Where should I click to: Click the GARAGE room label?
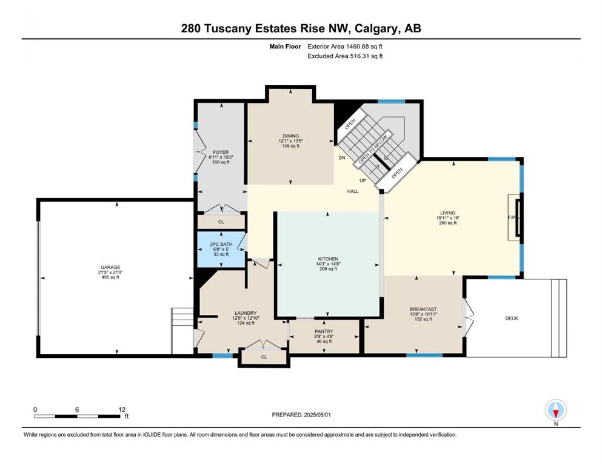click(x=110, y=267)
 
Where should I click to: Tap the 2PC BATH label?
click(x=221, y=244)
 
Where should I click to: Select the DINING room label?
click(x=290, y=136)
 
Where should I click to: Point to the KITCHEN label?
click(x=328, y=259)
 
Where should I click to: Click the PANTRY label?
click(x=324, y=331)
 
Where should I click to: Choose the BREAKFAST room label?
click(x=423, y=309)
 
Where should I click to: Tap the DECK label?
click(x=512, y=318)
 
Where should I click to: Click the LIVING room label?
click(x=447, y=213)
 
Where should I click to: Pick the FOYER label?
click(x=221, y=152)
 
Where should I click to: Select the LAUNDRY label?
click(x=246, y=313)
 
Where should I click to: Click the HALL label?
click(x=353, y=191)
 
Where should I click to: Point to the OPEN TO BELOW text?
click(x=373, y=149)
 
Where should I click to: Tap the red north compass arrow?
click(x=555, y=413)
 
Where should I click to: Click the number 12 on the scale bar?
click(x=122, y=409)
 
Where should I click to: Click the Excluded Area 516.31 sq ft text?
click(x=345, y=56)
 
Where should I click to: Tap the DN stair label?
click(x=342, y=158)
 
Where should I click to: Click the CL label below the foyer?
click(x=221, y=222)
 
